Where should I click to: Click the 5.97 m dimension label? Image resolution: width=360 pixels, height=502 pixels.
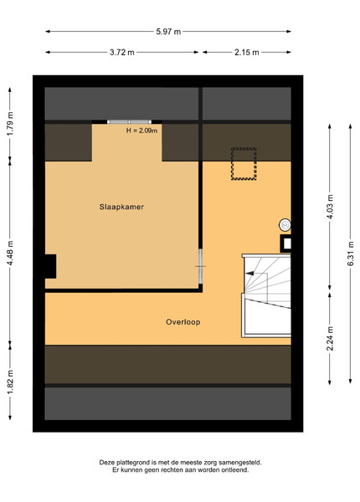[x=168, y=32]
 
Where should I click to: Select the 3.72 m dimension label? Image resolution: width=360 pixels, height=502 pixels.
[x=122, y=52]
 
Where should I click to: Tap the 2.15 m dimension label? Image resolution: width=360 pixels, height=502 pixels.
[x=247, y=52]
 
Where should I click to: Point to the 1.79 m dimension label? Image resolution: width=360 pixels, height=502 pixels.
[x=10, y=123]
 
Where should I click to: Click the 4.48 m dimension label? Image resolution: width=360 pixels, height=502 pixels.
[x=10, y=253]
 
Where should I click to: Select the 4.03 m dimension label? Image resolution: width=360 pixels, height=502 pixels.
[x=330, y=207]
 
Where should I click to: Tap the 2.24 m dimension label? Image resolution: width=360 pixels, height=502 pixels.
[x=330, y=338]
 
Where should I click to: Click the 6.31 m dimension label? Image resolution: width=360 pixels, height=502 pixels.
[x=351, y=254]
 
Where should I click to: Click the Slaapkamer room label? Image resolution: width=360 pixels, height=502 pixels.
[x=121, y=207]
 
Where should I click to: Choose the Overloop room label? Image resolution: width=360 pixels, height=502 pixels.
[x=183, y=322]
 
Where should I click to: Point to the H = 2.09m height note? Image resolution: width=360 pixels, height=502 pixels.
[x=141, y=131]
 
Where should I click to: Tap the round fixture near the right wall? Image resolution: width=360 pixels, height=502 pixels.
[x=285, y=225]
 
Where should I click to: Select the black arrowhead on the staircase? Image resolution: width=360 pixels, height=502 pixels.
[x=249, y=274]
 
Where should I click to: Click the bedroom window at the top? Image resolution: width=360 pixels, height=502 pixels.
[x=130, y=122]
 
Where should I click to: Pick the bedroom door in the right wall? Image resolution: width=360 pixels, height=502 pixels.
[x=200, y=266]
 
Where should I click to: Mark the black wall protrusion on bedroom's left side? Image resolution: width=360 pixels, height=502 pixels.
[x=50, y=266]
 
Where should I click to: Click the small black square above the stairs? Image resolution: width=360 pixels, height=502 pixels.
[x=285, y=243]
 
